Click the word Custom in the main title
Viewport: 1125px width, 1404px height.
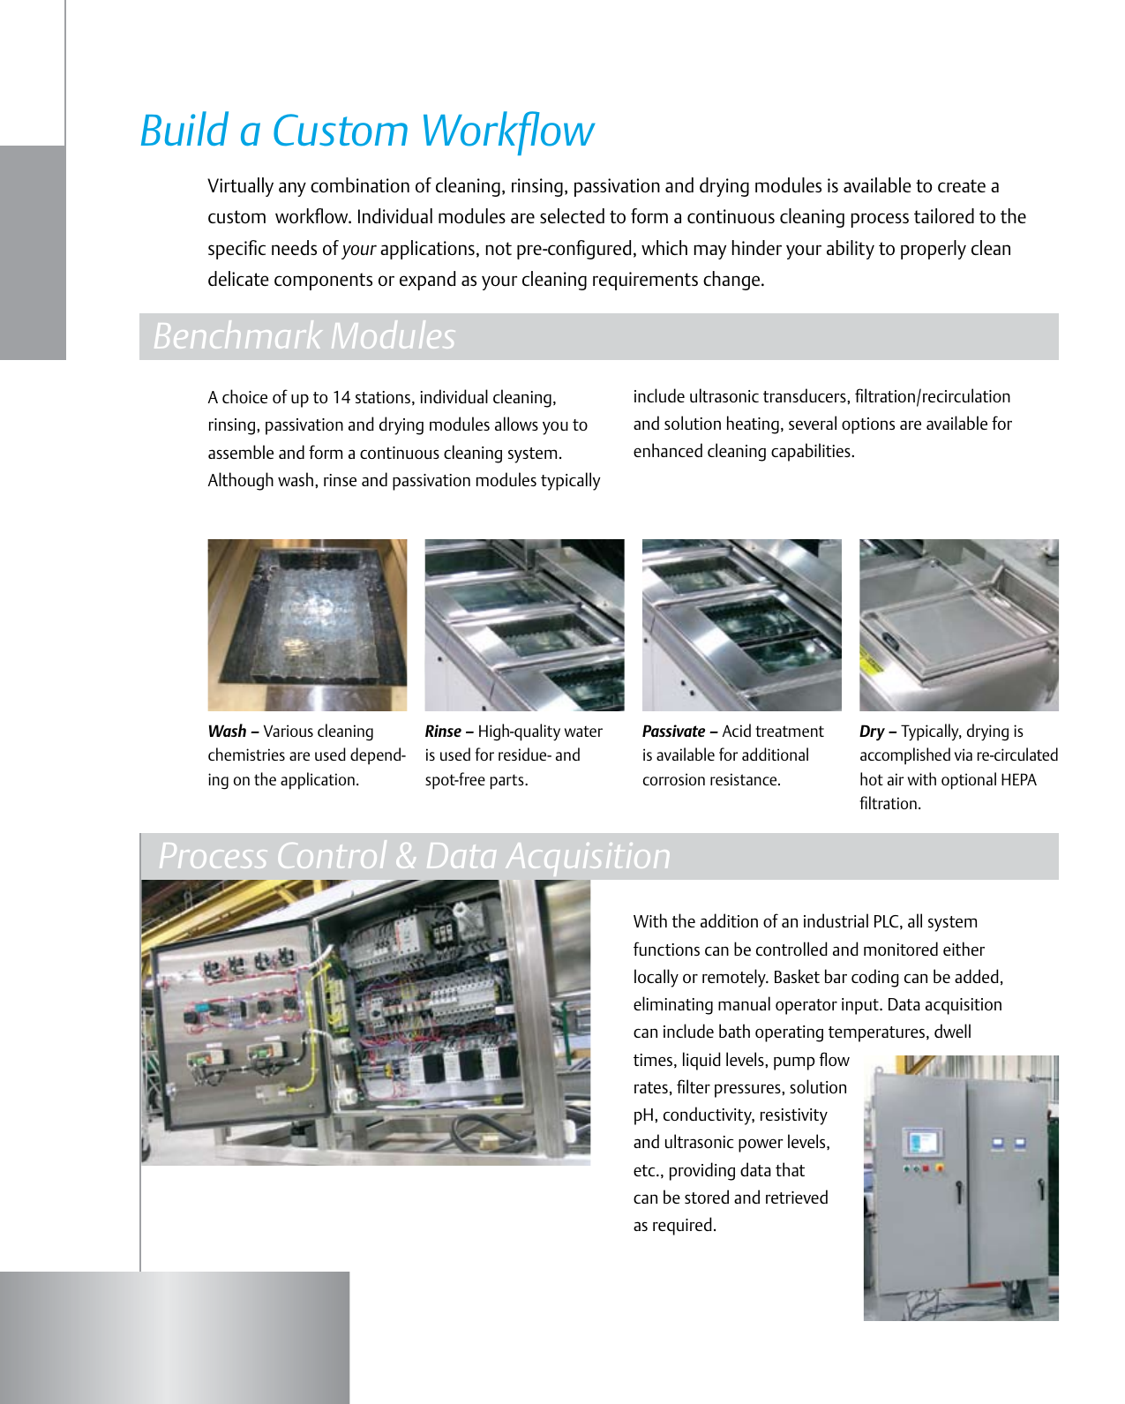click(x=340, y=131)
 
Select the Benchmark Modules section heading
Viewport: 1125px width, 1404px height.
click(x=304, y=336)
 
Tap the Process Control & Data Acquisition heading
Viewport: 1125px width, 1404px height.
click(x=414, y=856)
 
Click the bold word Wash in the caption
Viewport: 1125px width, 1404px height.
click(x=227, y=732)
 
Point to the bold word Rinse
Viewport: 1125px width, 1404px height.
click(x=443, y=732)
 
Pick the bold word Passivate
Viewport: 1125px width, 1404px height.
click(x=673, y=732)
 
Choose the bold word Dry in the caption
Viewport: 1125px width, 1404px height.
click(x=871, y=732)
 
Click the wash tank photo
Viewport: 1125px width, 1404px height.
click(x=307, y=625)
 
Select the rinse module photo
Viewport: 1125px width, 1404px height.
click(x=524, y=625)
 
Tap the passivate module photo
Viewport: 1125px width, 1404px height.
click(x=741, y=625)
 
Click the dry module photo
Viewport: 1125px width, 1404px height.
click(x=958, y=625)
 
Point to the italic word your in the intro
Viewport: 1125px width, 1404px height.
click(x=359, y=249)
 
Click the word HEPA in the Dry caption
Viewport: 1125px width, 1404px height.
click(x=1018, y=780)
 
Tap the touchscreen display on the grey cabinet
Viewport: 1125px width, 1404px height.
click(x=922, y=1143)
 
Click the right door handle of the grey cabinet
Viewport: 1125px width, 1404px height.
click(x=1041, y=1189)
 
